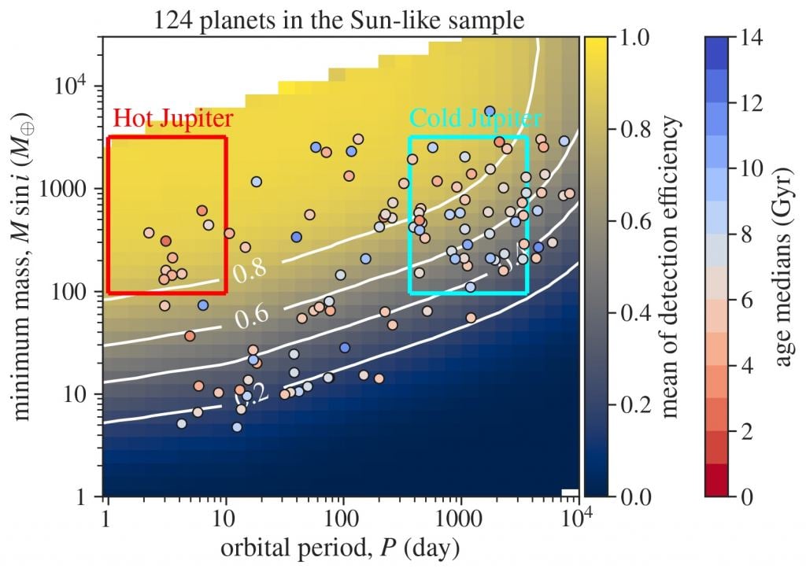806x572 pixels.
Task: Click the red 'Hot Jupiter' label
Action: [x=173, y=119]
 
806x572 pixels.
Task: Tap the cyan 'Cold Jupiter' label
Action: [x=475, y=119]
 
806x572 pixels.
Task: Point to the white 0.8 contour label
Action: [x=249, y=271]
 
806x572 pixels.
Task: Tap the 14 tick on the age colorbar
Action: [x=749, y=37]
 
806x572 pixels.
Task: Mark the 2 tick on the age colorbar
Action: [x=744, y=431]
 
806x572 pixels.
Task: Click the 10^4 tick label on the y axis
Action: [x=76, y=84]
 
